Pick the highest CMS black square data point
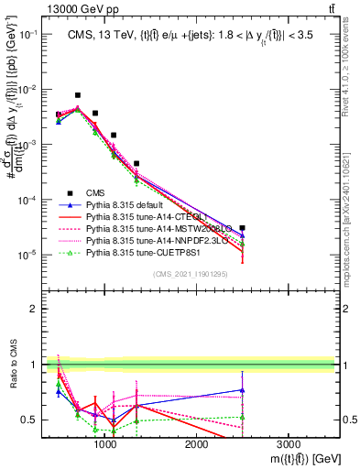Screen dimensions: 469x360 (78, 95)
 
